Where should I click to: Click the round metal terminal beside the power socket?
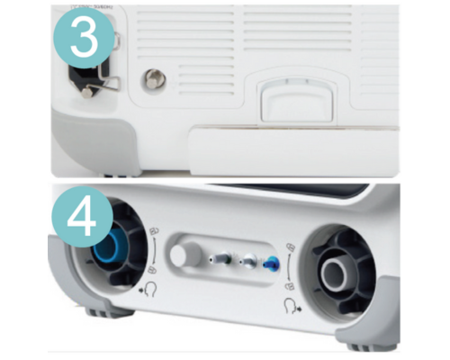pos(154,79)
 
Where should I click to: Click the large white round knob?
pos(186,256)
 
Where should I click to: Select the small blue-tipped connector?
pos(270,262)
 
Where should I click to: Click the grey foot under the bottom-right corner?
pos(364,345)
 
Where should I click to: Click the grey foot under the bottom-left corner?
pos(101,311)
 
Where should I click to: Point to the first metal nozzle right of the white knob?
pos(220,258)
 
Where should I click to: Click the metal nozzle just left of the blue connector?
pos(245,260)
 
